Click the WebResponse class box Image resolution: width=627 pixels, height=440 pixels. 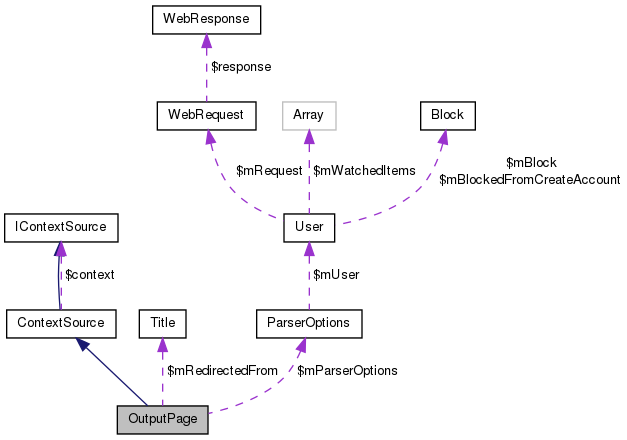pos(206,18)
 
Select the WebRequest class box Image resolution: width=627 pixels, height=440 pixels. pos(206,114)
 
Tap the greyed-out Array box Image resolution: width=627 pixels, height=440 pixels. pos(308,114)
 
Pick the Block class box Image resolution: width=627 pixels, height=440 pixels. pos(447,114)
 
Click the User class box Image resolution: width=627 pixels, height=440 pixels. pos(308,228)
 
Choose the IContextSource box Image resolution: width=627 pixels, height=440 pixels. pos(61,228)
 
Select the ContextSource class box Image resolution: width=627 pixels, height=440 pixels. pos(61,323)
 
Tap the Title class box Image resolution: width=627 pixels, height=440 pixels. pos(163,323)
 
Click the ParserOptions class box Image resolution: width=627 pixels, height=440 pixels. pos(308,323)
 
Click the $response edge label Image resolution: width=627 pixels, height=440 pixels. pos(242,67)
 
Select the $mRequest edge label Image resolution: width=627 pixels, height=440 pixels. pos(268,171)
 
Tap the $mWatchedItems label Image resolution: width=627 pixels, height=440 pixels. pos(364,171)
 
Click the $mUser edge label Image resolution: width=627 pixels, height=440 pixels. pos(336,275)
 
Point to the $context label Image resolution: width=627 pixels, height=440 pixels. pos(89,275)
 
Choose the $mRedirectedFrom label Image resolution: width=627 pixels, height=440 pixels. pos(222,371)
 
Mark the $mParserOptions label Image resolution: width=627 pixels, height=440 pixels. pos(347,371)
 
